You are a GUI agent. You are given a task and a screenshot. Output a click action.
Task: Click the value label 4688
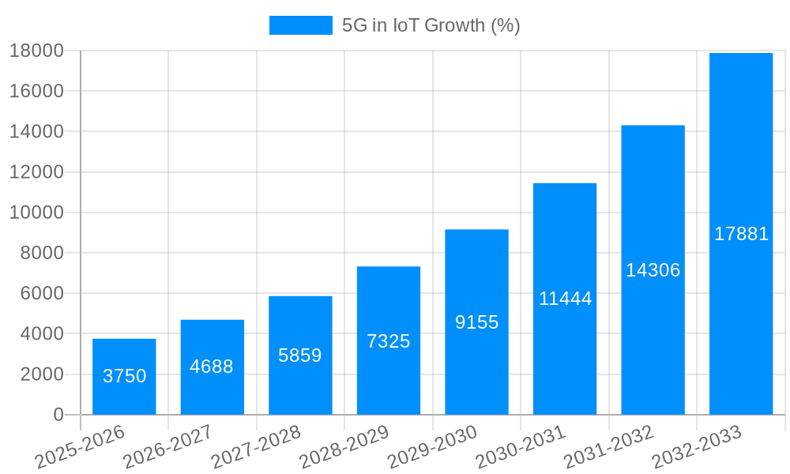pos(212,367)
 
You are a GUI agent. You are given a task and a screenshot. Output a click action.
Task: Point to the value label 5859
pos(300,355)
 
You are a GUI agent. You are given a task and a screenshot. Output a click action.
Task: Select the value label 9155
pos(476,322)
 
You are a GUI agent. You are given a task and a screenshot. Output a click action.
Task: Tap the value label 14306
pos(653,270)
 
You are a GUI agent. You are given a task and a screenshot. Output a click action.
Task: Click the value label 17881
pos(741,234)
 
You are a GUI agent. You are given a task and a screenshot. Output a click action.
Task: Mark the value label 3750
pos(124,376)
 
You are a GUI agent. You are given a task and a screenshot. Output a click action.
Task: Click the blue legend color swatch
pos(300,25)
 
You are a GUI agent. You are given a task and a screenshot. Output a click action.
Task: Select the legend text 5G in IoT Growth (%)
pos(431,25)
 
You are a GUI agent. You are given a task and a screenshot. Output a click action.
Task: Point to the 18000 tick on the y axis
pos(36,51)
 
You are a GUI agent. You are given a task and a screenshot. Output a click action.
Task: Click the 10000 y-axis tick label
pos(36,213)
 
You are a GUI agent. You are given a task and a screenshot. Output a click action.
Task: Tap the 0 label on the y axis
pos(58,415)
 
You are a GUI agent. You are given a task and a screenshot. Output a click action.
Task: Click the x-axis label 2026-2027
pos(168,447)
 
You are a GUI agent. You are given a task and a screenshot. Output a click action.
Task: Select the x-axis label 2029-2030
pos(433,447)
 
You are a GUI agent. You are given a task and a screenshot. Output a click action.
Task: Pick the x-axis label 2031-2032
pos(609,447)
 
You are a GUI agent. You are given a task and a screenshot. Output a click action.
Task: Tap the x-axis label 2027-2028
pos(257,447)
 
